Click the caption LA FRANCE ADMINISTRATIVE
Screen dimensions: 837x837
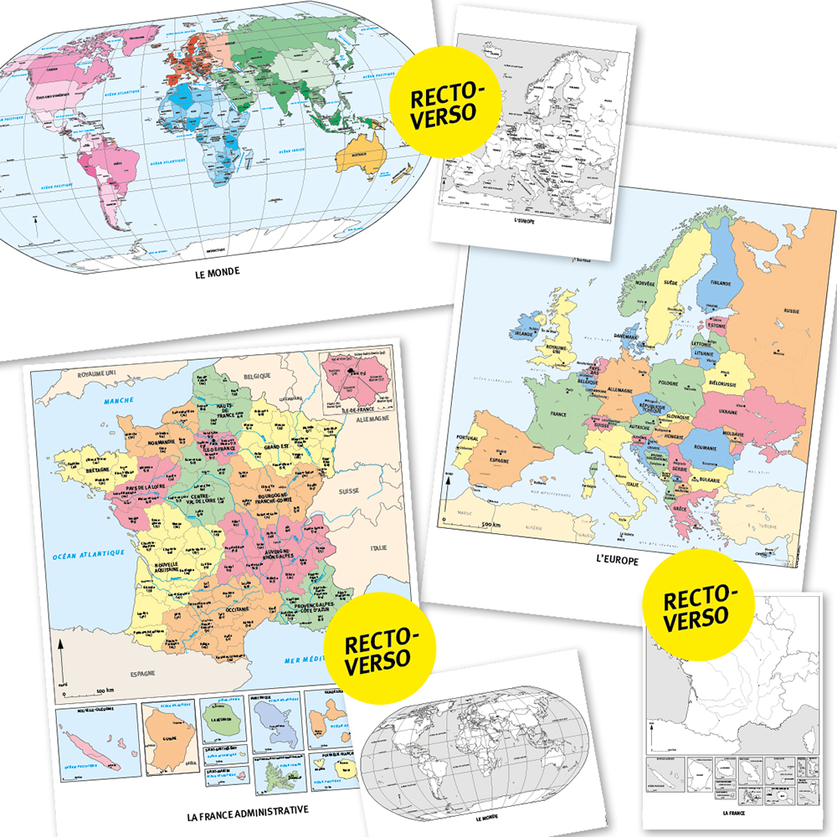point(249,810)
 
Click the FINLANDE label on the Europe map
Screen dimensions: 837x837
point(721,283)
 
